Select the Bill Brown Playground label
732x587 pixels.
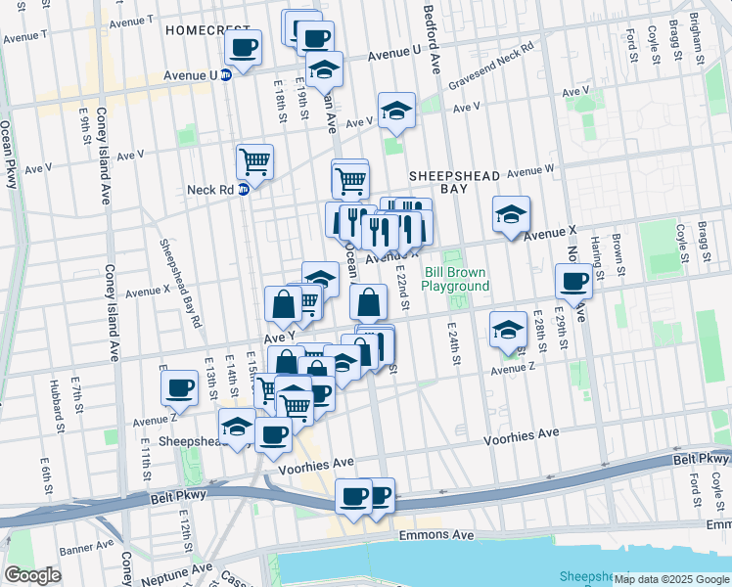[455, 279]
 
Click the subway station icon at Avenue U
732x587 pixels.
[226, 74]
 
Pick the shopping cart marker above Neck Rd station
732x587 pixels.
[254, 161]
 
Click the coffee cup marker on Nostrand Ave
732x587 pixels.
[573, 282]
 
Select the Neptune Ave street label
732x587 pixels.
[177, 568]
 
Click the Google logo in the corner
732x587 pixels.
[33, 574]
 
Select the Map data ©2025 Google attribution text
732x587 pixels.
[671, 579]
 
